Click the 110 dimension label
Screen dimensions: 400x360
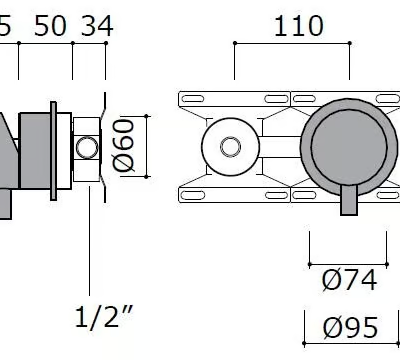pyautogui.click(x=298, y=26)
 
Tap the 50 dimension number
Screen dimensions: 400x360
pyautogui.click(x=50, y=26)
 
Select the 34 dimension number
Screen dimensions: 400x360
pyautogui.click(x=97, y=26)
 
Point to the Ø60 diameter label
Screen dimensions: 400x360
pyautogui.click(x=124, y=145)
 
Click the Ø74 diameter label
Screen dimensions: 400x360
pyautogui.click(x=349, y=281)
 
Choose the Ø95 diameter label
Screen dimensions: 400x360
pyautogui.click(x=350, y=328)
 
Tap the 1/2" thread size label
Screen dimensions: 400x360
pyautogui.click(x=104, y=317)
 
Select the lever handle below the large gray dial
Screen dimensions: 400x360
pyautogui.click(x=349, y=200)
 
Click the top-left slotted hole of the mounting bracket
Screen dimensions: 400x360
pyautogui.click(x=192, y=99)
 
